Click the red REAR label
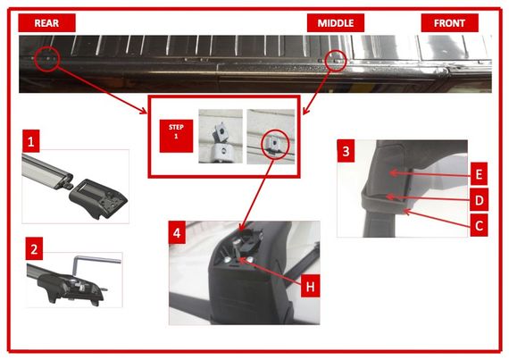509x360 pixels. click(46, 22)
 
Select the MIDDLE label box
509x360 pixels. click(336, 22)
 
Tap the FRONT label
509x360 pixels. click(449, 22)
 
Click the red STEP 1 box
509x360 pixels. click(176, 136)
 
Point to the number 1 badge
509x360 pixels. click(31, 141)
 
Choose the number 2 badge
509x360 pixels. click(34, 248)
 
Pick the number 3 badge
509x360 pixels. click(346, 151)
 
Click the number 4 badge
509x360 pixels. click(177, 232)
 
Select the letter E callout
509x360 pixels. click(479, 174)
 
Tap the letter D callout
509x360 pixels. click(480, 199)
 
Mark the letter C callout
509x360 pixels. click(479, 225)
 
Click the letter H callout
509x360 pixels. click(311, 286)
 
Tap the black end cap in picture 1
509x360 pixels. click(98, 198)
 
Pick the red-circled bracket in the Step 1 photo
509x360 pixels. click(274, 145)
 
